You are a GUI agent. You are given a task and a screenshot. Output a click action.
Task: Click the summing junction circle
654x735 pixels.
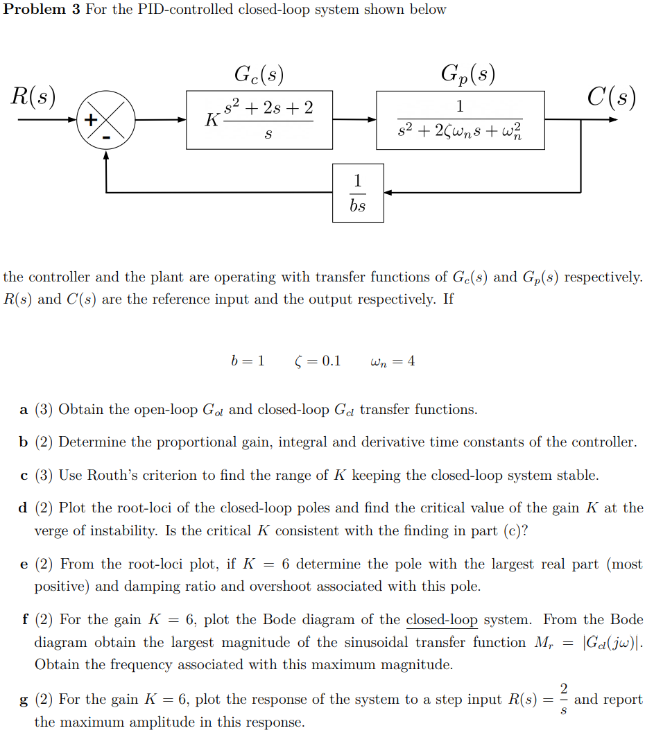click(105, 120)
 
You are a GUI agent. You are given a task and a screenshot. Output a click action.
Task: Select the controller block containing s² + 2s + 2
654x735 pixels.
click(259, 119)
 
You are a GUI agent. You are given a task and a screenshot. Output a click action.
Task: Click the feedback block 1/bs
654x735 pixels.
click(357, 193)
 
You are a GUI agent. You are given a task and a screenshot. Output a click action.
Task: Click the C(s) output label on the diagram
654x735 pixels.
click(610, 96)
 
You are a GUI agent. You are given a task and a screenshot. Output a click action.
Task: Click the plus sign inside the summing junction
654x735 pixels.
click(90, 119)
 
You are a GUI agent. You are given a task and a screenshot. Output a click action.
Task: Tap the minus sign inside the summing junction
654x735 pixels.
click(106, 137)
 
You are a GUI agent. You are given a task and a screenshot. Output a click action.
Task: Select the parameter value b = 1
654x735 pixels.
click(247, 361)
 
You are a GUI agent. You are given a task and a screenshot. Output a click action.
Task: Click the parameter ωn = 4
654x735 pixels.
click(393, 361)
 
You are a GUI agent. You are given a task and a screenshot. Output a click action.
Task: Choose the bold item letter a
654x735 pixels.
click(24, 410)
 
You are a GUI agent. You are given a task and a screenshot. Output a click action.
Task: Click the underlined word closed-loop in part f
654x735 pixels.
click(442, 619)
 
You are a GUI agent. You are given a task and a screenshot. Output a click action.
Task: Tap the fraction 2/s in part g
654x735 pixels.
click(563, 699)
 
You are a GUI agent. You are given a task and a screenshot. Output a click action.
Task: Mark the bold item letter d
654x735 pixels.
click(24, 508)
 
